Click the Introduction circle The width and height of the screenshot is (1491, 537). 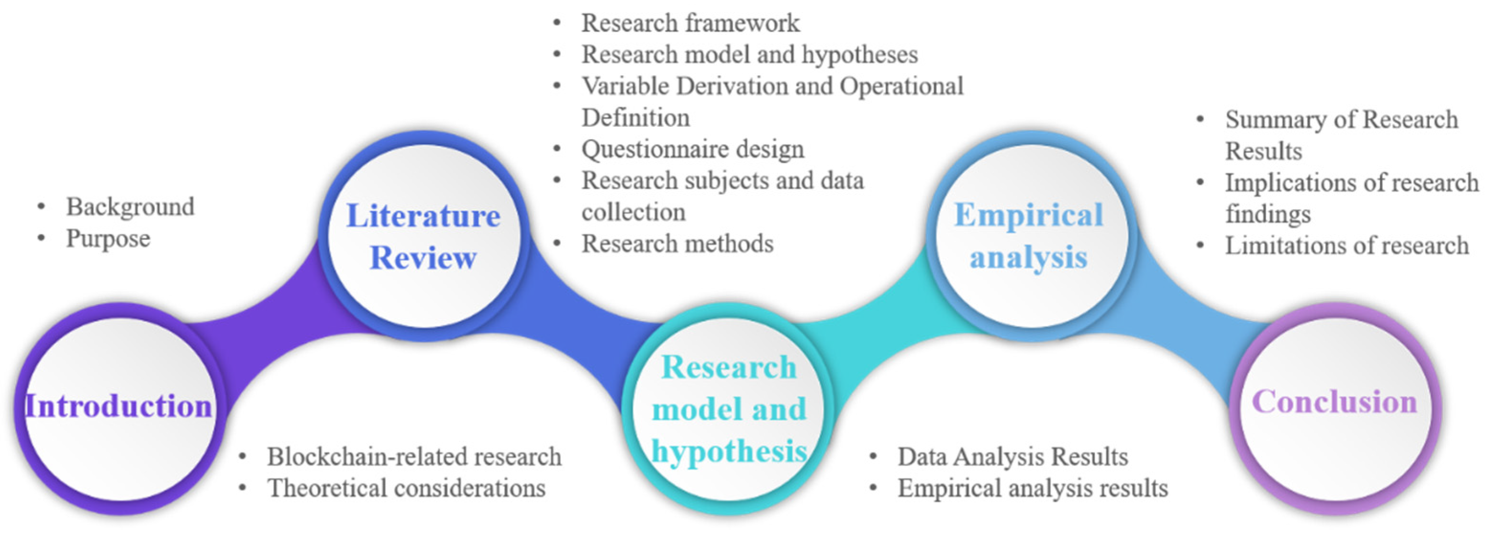[x=119, y=408]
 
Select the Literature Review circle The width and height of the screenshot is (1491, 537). [x=423, y=236]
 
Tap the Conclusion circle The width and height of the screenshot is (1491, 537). [x=1335, y=408]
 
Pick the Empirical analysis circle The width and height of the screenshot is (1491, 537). [x=1029, y=236]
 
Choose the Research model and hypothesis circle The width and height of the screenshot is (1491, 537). [x=729, y=408]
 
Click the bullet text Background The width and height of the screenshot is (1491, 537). [x=130, y=207]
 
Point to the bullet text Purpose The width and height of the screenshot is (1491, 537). [x=108, y=238]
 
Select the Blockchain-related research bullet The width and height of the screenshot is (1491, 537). [x=414, y=457]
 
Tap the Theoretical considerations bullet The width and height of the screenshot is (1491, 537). [x=406, y=488]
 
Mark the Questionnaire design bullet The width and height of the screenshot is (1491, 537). [x=693, y=149]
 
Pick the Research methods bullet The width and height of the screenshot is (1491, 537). [x=677, y=244]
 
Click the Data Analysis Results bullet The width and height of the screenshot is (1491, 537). [x=1013, y=457]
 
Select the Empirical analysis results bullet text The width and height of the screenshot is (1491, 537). [x=1033, y=488]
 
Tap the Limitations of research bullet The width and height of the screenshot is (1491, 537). [x=1347, y=246]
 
